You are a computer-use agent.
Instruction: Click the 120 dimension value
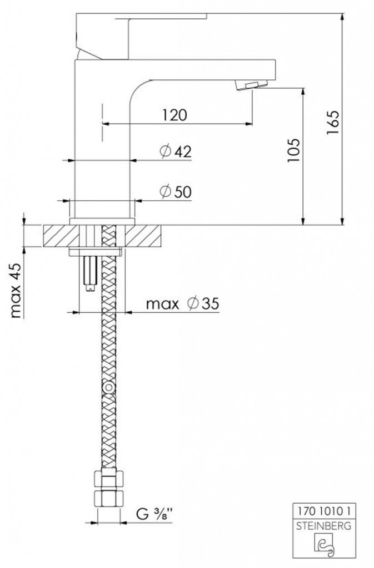[x=174, y=115]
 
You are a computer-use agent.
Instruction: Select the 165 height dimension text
[x=332, y=123]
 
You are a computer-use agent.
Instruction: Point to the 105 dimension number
[x=294, y=150]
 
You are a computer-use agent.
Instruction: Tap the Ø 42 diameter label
[x=176, y=151]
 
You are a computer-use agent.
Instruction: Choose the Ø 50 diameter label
[x=176, y=191]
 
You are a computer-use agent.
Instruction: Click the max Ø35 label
[x=182, y=303]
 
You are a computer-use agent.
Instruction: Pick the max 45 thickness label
[x=16, y=290]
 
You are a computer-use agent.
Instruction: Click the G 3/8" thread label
[x=154, y=514]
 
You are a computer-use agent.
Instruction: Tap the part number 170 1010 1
[x=325, y=511]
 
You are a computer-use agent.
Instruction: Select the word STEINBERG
[x=324, y=526]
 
